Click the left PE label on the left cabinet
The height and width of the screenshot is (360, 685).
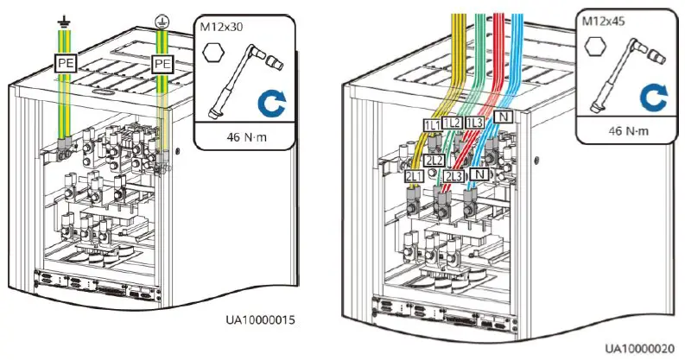tap(67, 64)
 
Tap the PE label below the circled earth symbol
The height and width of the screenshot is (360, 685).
tap(162, 64)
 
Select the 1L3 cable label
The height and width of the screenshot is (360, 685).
tap(474, 123)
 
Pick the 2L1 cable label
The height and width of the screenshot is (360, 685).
tap(414, 176)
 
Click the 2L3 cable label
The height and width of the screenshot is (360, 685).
tap(453, 176)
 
